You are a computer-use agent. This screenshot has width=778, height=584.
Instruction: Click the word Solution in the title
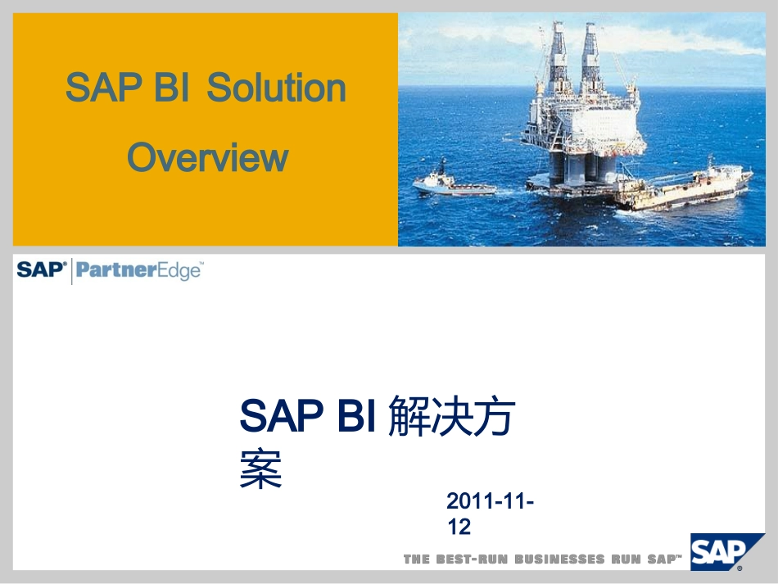click(276, 88)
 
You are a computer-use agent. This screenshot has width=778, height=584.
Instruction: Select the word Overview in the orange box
click(207, 157)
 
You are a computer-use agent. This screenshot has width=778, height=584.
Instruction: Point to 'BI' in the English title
click(172, 88)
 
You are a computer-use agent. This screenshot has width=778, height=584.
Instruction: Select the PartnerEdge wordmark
click(139, 270)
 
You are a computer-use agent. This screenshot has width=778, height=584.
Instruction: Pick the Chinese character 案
click(260, 471)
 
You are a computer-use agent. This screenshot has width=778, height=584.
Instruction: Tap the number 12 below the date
click(459, 527)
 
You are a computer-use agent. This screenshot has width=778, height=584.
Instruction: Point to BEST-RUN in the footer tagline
click(470, 559)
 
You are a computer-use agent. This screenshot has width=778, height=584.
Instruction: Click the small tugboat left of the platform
click(451, 184)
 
